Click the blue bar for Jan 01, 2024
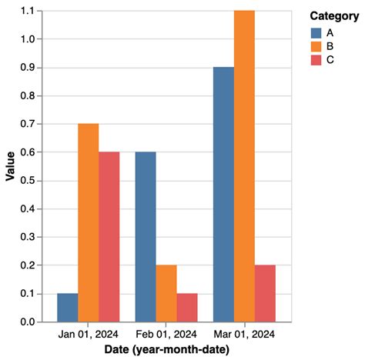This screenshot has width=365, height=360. point(68,307)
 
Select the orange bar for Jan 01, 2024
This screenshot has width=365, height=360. point(89,222)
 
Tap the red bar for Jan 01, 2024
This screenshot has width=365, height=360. point(109,236)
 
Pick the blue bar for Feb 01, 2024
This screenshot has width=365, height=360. point(146,236)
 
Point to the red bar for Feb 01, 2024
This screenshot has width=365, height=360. point(187,307)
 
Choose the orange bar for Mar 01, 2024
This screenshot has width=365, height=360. point(244,166)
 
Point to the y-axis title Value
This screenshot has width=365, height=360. point(10,166)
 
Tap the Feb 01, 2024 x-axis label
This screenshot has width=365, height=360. point(166,334)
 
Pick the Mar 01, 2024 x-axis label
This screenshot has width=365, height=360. point(244,334)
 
